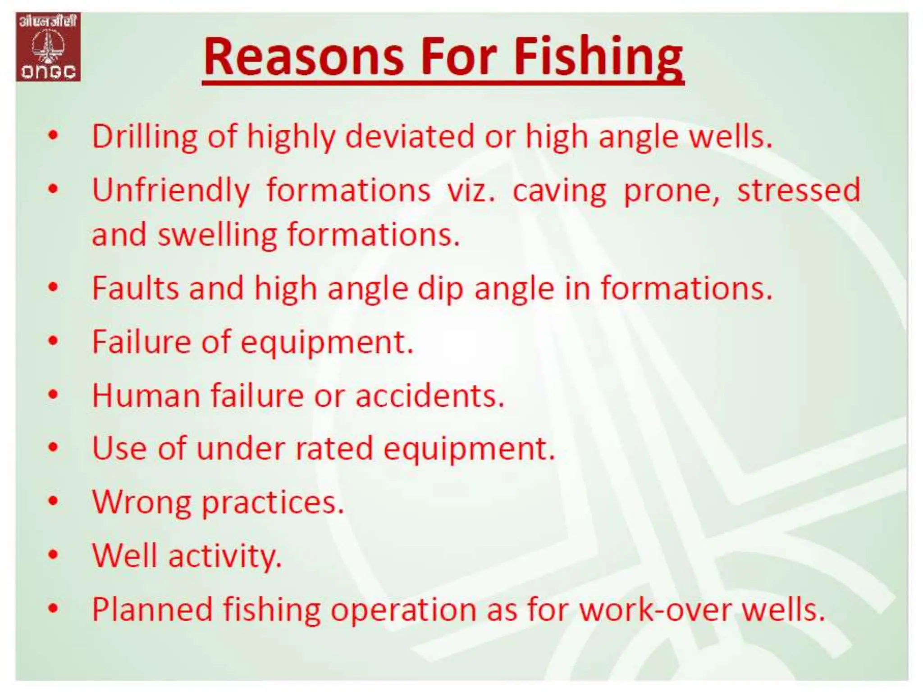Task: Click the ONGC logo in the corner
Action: tap(48, 47)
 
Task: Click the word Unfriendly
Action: tap(171, 191)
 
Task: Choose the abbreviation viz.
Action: tap(471, 191)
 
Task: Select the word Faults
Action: tap(136, 288)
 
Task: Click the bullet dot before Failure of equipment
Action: tap(54, 341)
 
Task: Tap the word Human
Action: tap(146, 396)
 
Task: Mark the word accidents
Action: tap(430, 396)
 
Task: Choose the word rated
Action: tap(334, 449)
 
